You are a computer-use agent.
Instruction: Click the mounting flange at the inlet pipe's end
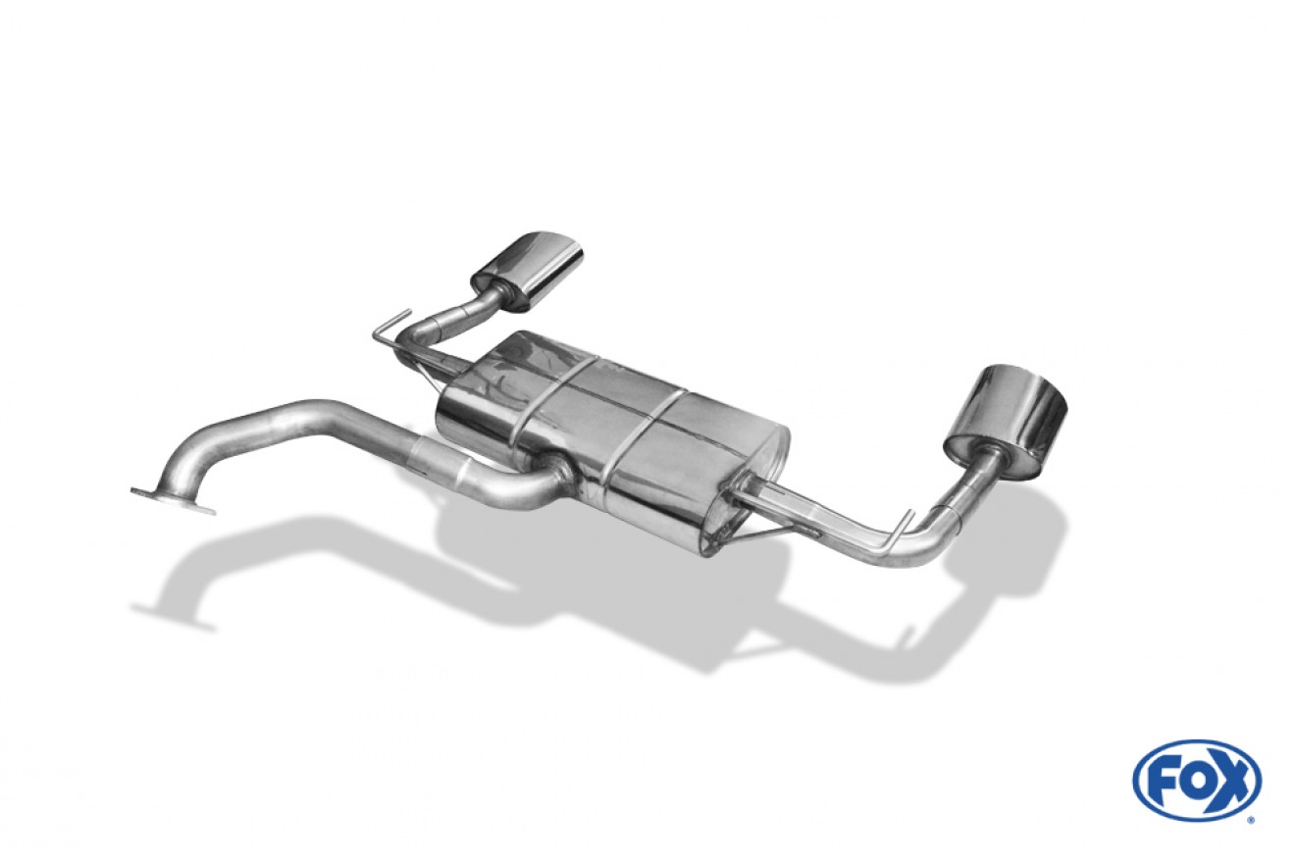pos(173,499)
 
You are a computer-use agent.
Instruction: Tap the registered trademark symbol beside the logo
pos(1263,819)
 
